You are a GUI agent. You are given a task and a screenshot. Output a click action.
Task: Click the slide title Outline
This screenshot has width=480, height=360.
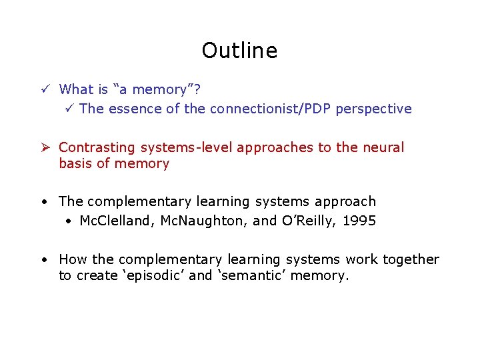click(239, 51)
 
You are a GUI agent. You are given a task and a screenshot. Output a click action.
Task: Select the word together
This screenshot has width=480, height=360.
click(411, 259)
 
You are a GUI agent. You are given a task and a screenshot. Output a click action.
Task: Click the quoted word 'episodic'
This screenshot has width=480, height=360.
click(151, 275)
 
